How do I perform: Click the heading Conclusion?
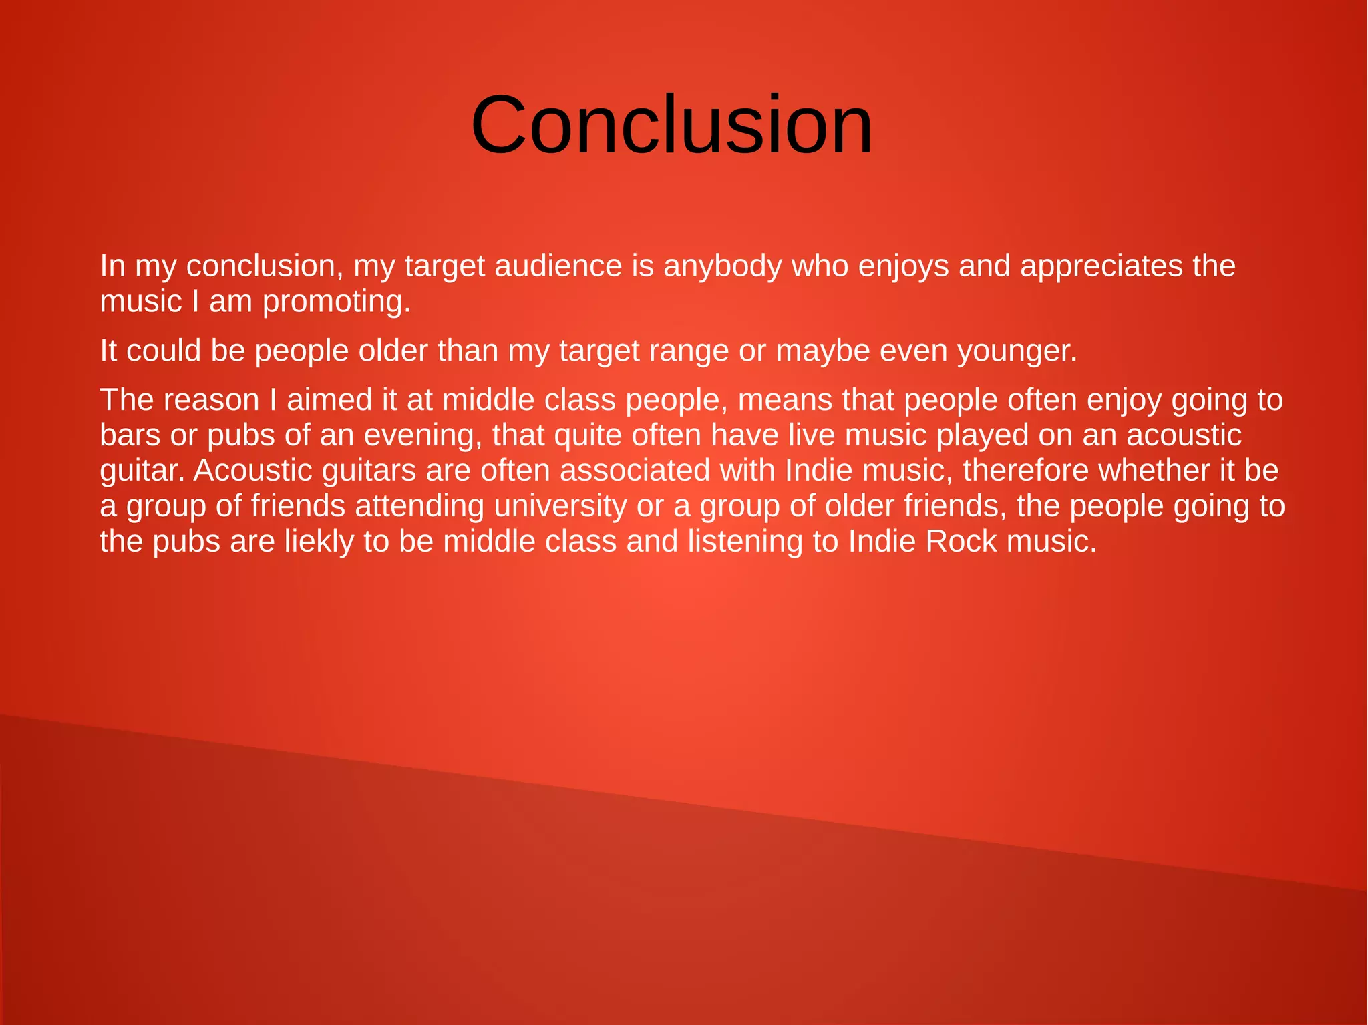coord(671,125)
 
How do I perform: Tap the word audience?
coord(558,266)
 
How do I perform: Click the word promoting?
coord(336,302)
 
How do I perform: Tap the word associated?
coord(635,471)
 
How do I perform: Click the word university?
coord(560,507)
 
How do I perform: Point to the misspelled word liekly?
coord(319,542)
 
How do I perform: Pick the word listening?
coord(745,542)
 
